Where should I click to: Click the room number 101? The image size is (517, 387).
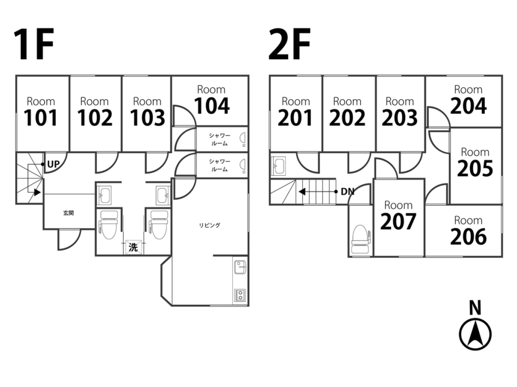pos(41,118)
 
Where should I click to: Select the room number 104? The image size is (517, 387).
pos(212,106)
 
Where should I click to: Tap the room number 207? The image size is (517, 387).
pos(398,221)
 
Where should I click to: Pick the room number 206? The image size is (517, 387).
pos(468,236)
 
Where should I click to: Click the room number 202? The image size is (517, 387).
pos(347,118)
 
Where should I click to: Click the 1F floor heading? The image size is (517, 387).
pos(33,45)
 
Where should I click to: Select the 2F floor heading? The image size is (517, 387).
pos(289,45)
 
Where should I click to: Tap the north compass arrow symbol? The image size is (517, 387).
pos(475,334)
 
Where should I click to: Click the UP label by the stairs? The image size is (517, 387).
pos(54,164)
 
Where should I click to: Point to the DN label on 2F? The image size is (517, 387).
pos(347,191)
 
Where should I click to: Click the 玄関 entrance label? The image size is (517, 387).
pos(69,213)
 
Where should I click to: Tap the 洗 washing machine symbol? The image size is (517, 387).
pos(133,247)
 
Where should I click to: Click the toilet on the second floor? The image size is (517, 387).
pos(360,239)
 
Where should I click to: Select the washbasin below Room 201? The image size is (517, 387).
pos(279,164)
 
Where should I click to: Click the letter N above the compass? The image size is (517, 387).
pos(475,308)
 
